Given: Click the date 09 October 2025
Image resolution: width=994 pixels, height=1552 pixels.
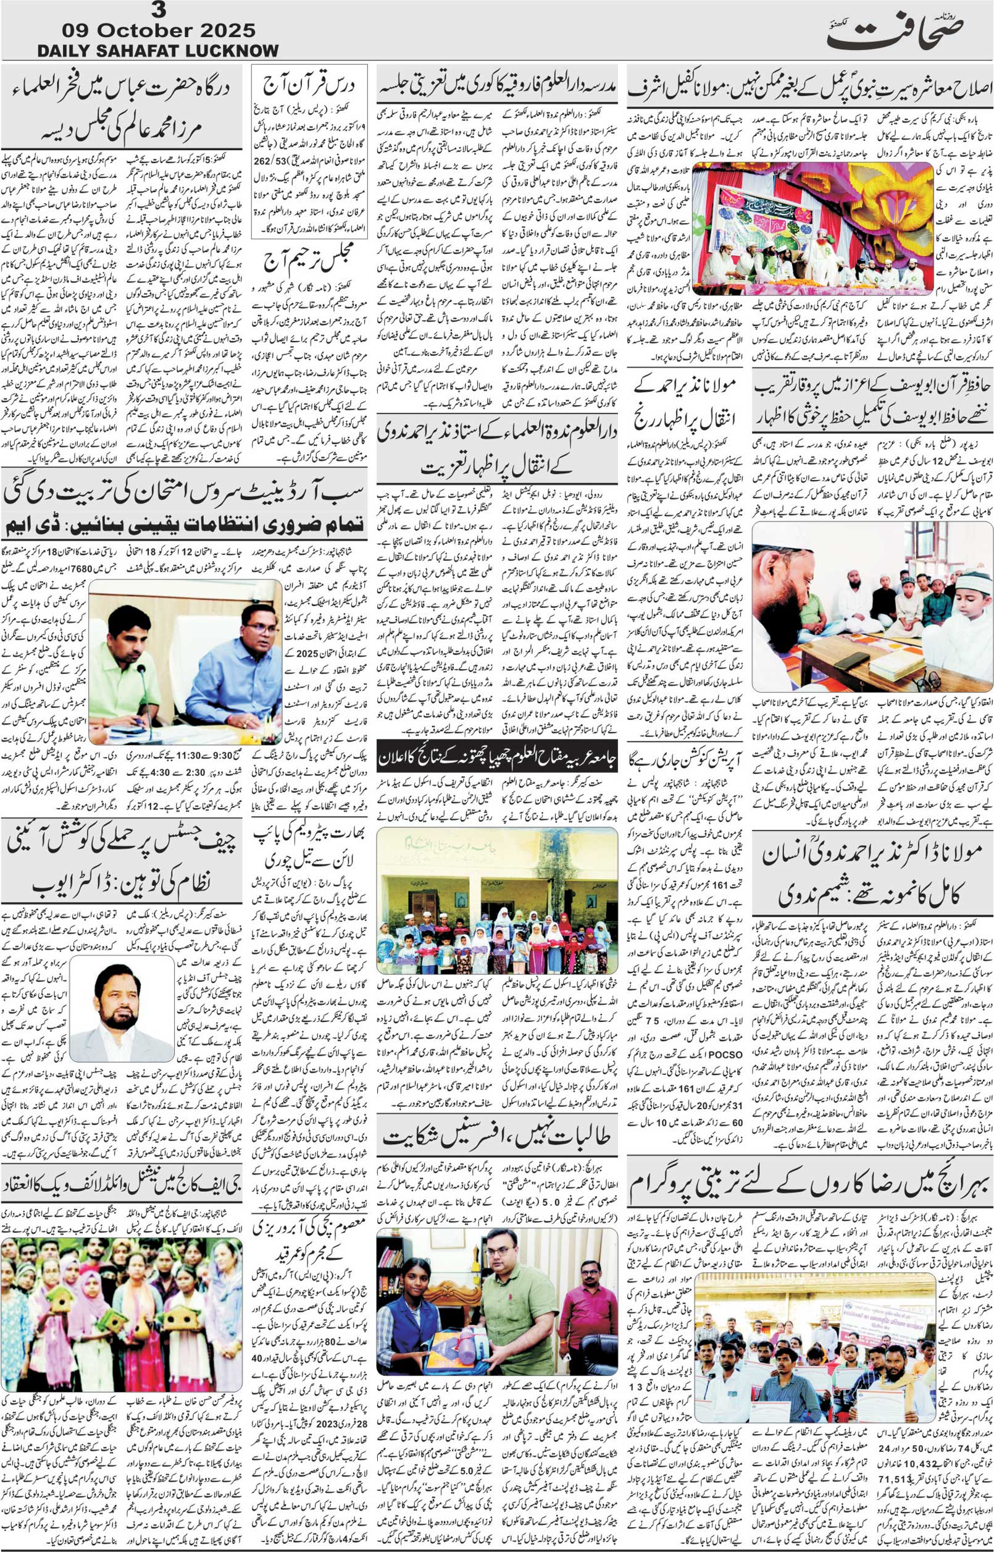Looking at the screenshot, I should [158, 30].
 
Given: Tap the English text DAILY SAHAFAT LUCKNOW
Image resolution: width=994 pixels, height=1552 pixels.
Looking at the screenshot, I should [158, 51].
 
